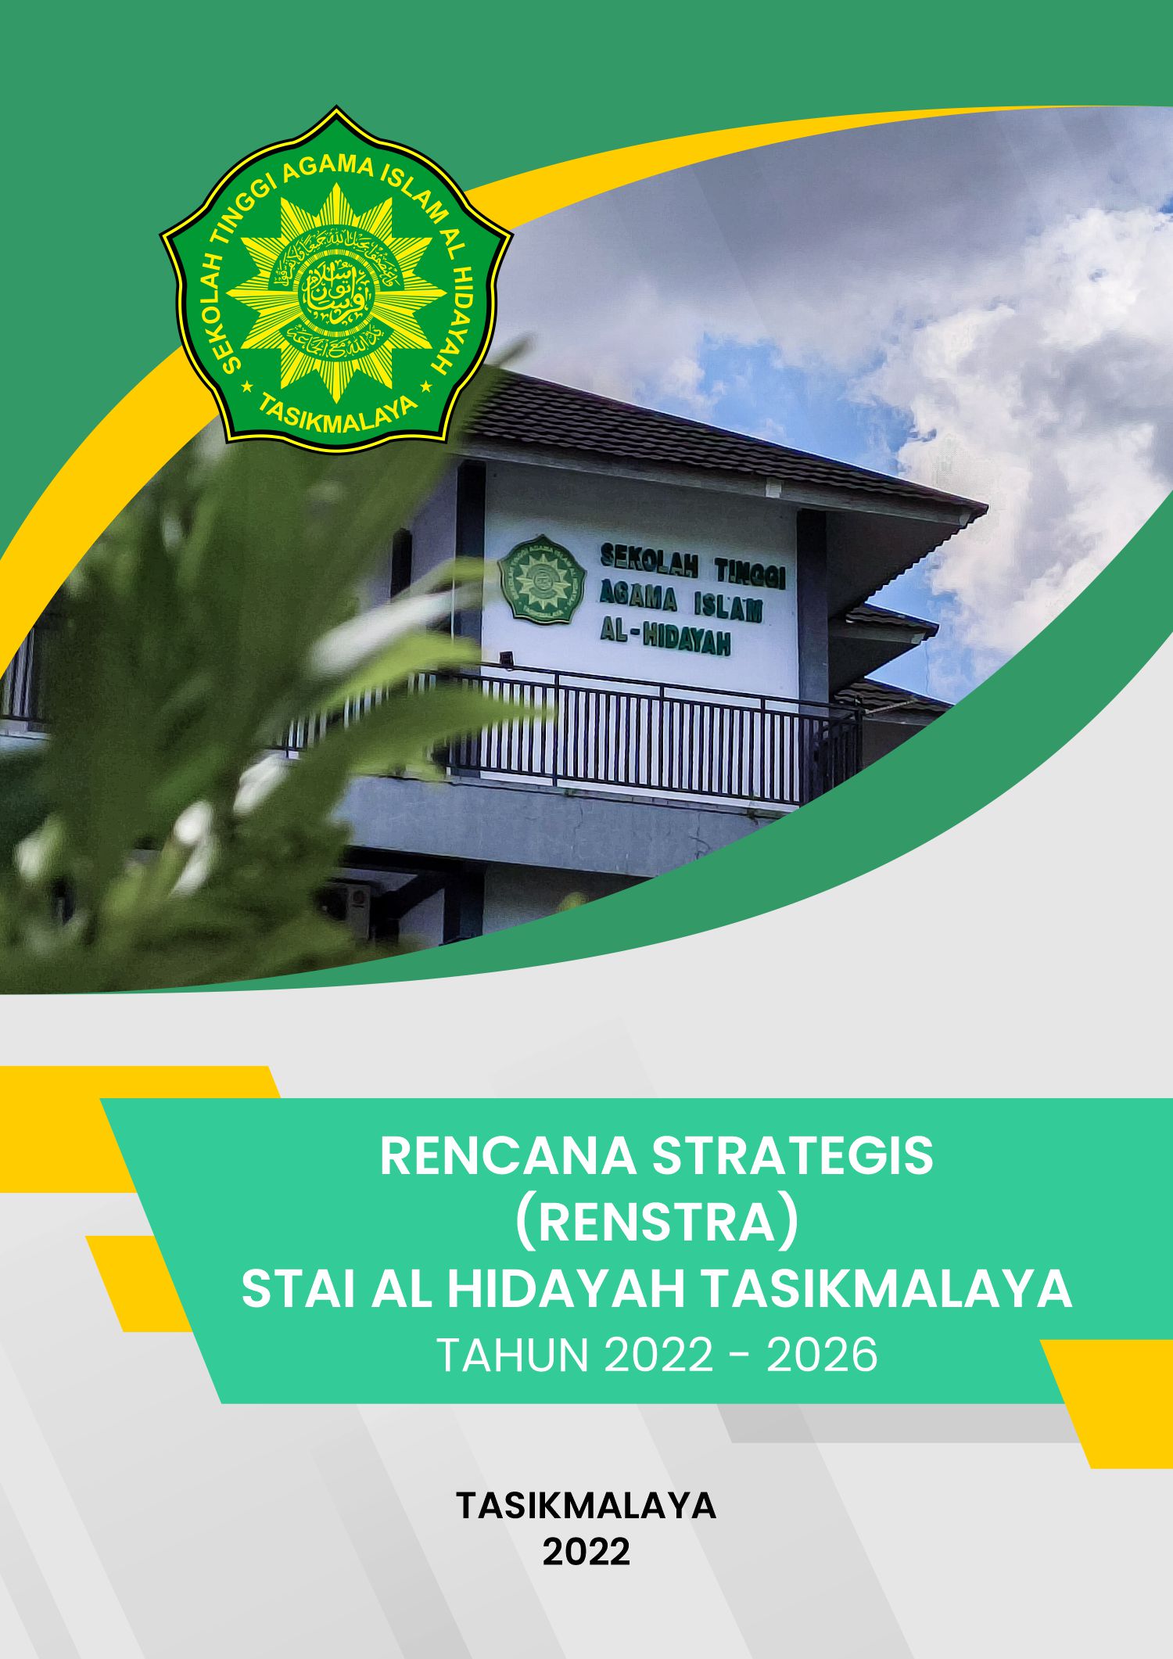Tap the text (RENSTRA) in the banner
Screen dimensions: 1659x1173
[656, 1223]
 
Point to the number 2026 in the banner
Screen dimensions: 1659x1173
[822, 1356]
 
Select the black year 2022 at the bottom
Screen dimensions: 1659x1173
[586, 1552]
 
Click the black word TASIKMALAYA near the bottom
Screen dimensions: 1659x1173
[586, 1505]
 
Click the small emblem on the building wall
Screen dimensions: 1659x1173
[541, 578]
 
